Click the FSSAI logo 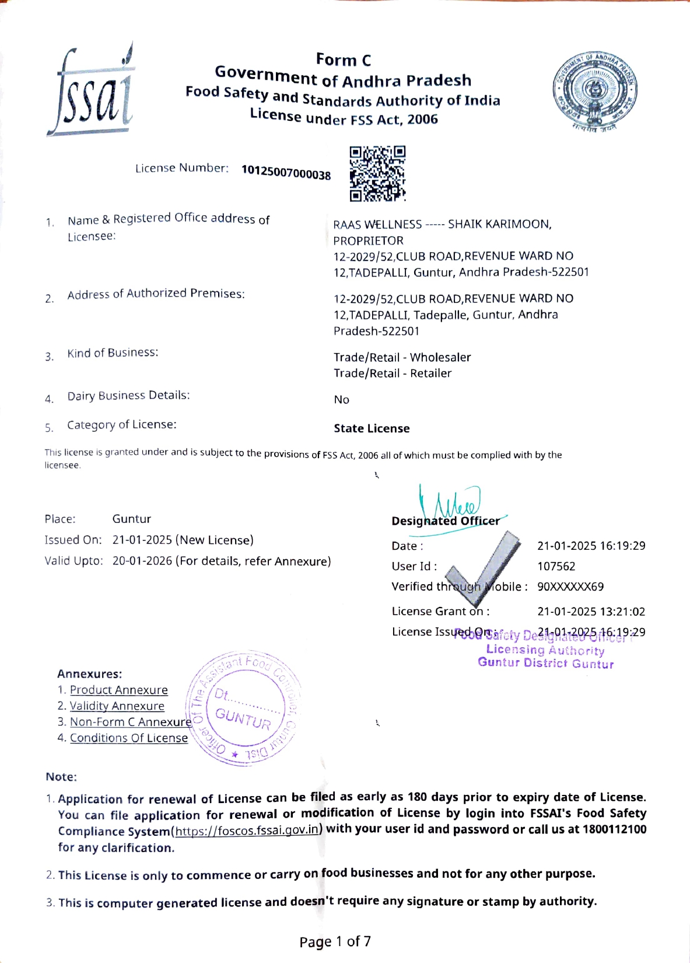(x=90, y=90)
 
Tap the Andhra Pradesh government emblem (x=595, y=92)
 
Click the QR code (x=377, y=173)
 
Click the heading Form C (x=343, y=60)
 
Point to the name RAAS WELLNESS (x=377, y=225)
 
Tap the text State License (x=372, y=428)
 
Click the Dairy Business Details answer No (x=341, y=400)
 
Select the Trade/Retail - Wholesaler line (x=402, y=357)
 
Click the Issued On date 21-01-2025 (x=142, y=540)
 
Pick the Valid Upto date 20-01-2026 (x=142, y=561)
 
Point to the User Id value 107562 (x=556, y=566)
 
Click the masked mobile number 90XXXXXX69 (x=570, y=587)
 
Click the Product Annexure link (x=118, y=690)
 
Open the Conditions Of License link (x=129, y=738)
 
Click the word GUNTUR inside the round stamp (x=243, y=719)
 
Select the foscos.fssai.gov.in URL (x=247, y=830)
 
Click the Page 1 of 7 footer (x=335, y=941)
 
